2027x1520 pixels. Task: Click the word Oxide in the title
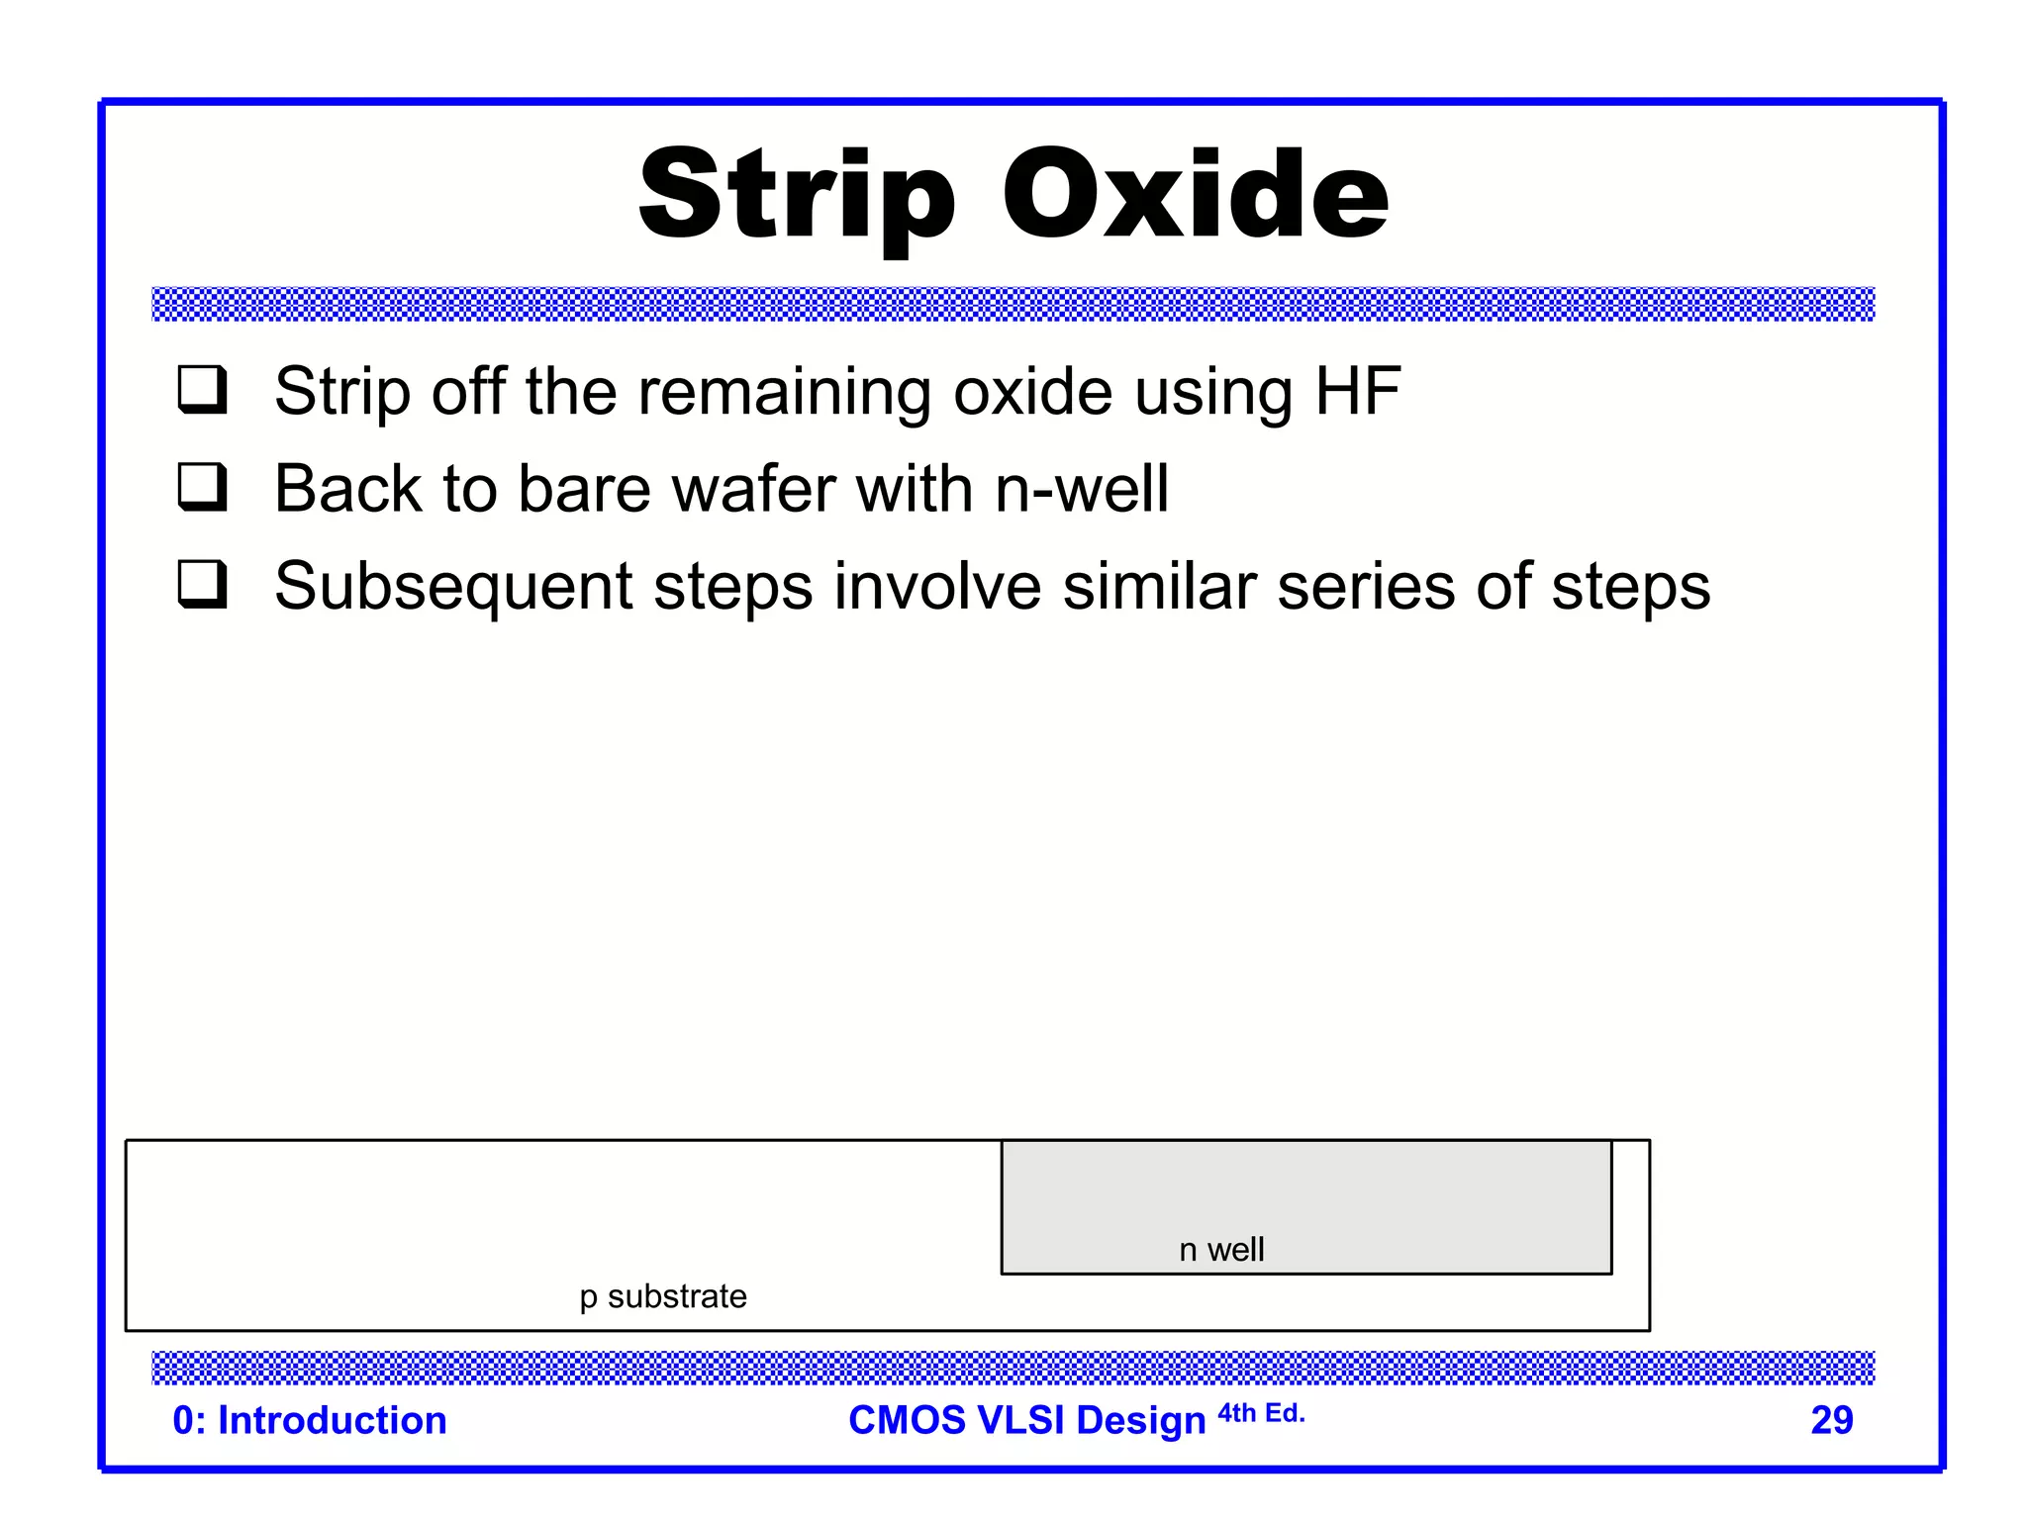[1195, 194]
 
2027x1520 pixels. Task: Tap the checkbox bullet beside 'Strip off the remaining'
[203, 390]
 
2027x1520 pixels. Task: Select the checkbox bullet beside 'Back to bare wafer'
[203, 487]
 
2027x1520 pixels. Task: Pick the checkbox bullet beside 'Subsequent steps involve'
[203, 584]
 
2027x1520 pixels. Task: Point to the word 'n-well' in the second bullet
[1081, 489]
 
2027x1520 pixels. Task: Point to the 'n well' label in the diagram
[1221, 1250]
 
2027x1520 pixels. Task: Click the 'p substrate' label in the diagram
[663, 1296]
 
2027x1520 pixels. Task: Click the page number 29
[1831, 1420]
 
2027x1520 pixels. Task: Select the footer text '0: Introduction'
[310, 1420]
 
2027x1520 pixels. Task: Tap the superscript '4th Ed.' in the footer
[1261, 1413]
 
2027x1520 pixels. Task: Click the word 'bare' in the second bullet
[582, 489]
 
